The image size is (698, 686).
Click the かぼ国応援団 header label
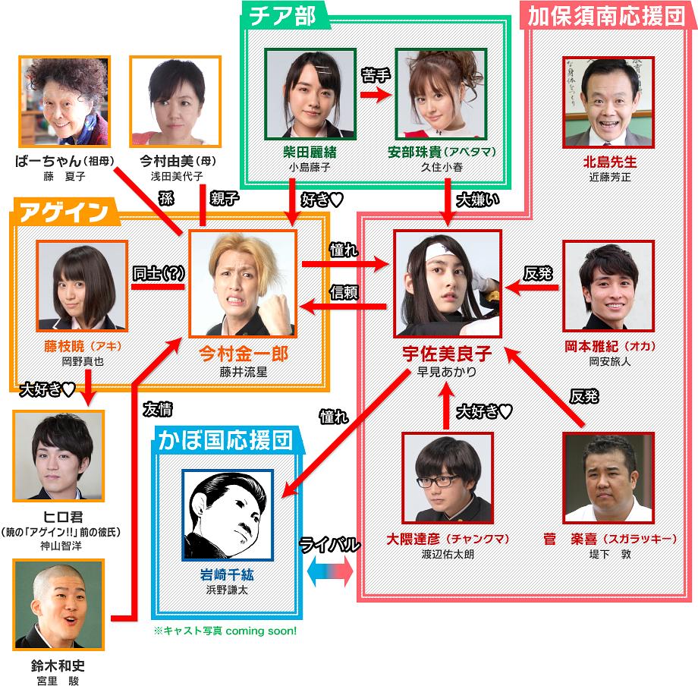[x=227, y=439]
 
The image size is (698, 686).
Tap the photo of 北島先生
[x=608, y=98]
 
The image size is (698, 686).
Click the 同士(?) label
[x=157, y=275]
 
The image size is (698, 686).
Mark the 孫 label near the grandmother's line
[x=166, y=199]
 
